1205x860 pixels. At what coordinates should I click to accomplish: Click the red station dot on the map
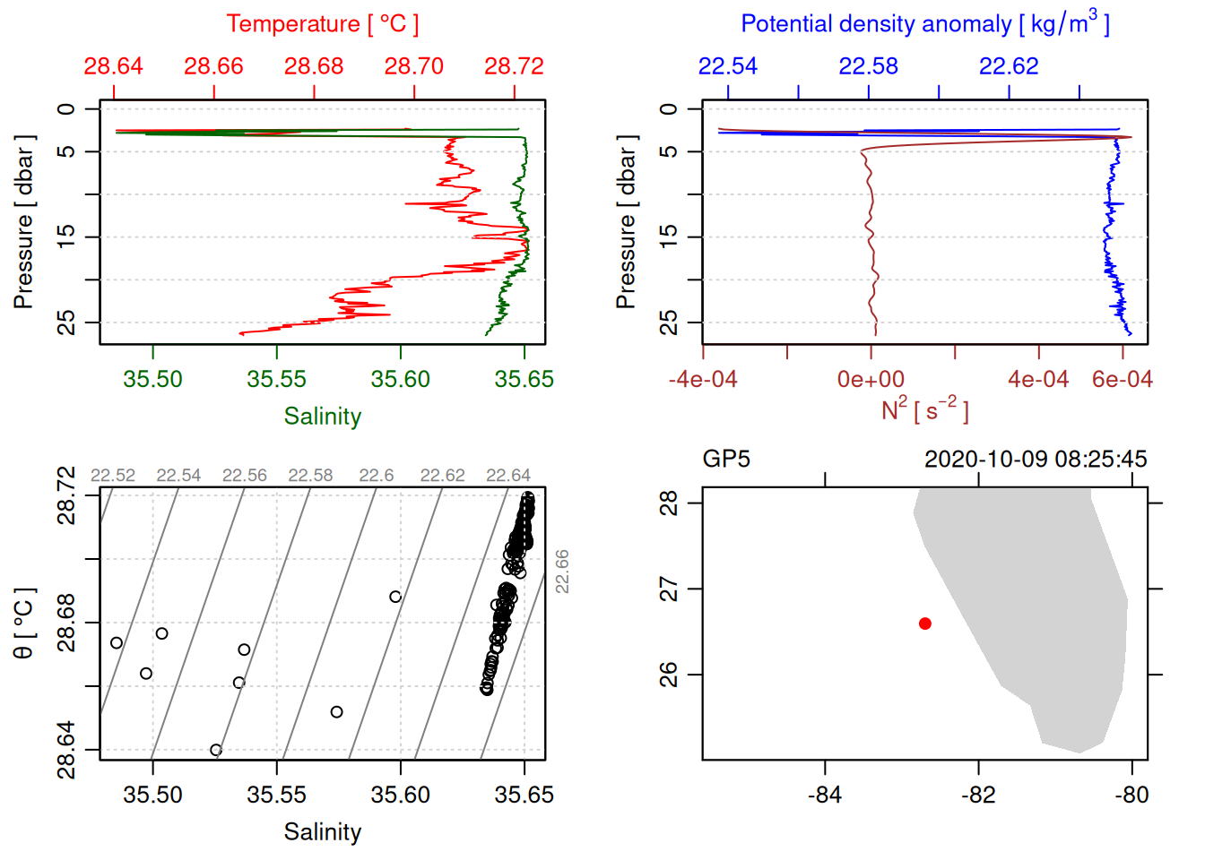click(925, 623)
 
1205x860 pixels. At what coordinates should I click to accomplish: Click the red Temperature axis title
click(322, 24)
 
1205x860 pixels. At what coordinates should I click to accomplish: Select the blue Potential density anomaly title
click(924, 24)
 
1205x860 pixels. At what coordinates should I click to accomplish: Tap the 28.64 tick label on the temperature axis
click(114, 66)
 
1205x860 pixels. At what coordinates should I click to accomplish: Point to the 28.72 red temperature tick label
click(514, 66)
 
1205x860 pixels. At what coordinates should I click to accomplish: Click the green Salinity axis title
click(322, 417)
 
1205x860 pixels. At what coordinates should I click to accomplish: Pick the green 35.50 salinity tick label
click(152, 379)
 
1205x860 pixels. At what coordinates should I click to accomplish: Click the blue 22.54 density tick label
click(728, 66)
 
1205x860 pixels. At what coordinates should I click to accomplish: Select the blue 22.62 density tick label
click(1009, 66)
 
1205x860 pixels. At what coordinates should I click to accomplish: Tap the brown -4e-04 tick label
click(703, 379)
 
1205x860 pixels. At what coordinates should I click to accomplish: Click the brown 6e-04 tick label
click(1122, 379)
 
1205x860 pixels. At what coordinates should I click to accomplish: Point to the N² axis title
click(924, 410)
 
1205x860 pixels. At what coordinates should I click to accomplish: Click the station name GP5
click(726, 460)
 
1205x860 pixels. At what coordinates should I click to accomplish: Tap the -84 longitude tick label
click(824, 795)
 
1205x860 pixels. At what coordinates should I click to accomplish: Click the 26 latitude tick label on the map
click(669, 674)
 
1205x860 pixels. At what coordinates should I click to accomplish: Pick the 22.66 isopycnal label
click(562, 571)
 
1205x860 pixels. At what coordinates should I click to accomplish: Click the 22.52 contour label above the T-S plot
click(113, 476)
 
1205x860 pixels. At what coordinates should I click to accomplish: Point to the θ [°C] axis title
click(24, 623)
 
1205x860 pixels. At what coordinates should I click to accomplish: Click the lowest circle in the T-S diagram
click(216, 750)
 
